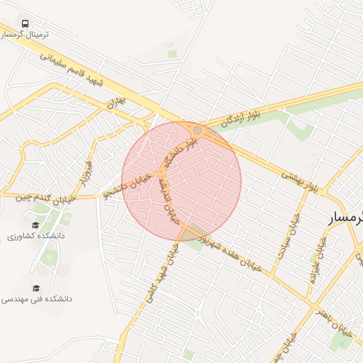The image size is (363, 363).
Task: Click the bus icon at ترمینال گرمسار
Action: (26, 24)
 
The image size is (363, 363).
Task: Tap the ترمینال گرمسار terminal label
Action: (26, 35)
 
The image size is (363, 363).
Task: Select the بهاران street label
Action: (116, 103)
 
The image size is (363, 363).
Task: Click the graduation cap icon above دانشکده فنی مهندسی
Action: (35, 287)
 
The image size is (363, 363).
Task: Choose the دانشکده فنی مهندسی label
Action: (37, 299)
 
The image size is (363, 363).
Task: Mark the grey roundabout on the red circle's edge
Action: (197, 130)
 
